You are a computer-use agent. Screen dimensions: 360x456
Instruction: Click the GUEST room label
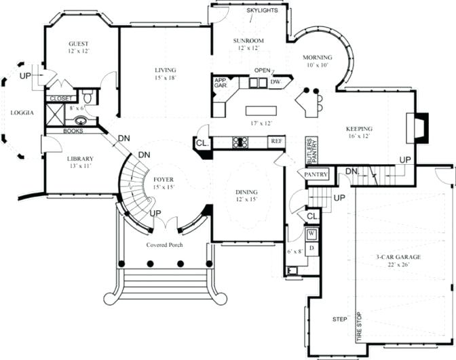[79, 43]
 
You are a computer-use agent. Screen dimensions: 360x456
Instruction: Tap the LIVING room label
[165, 71]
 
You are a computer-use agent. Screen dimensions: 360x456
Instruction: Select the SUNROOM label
[248, 41]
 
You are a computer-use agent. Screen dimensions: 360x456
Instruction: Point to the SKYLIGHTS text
[261, 11]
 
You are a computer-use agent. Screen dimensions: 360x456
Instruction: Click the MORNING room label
[318, 58]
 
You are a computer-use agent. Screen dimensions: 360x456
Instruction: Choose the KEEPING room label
[359, 128]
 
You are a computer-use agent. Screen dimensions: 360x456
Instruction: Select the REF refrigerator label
[275, 141]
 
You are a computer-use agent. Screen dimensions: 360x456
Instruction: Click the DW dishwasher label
[275, 82]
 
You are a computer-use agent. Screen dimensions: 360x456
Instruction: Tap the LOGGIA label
[22, 113]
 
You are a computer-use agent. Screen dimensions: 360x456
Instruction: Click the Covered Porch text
[164, 245]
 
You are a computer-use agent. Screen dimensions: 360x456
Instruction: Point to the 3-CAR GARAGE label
[399, 257]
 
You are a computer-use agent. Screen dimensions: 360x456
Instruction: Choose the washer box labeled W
[312, 235]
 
